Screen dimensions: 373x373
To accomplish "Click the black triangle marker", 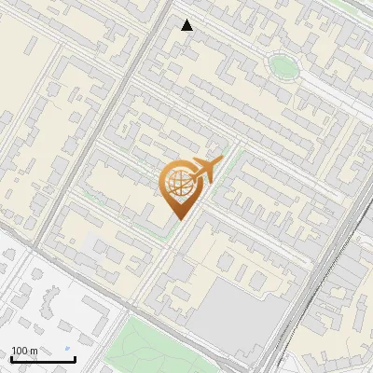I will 187,25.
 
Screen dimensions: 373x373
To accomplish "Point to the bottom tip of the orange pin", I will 178,220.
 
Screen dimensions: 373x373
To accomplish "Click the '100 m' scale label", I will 24,351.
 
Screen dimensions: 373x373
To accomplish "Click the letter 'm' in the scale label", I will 33,351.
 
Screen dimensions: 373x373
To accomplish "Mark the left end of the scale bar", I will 11,359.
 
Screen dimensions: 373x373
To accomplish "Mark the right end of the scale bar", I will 75,359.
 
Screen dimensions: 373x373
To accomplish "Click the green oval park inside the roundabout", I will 283,66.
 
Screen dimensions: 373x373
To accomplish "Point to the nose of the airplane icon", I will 221,160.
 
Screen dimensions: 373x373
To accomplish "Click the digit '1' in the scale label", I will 14,351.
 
